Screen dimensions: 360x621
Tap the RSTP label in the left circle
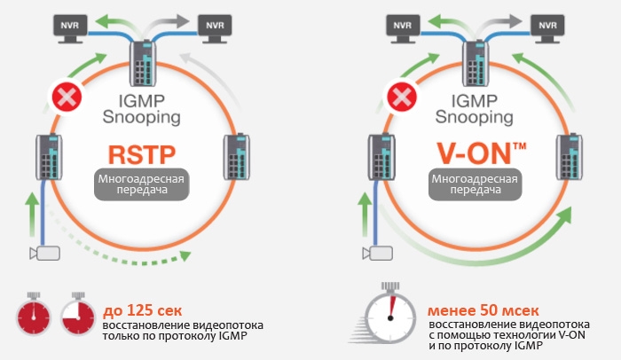coord(142,153)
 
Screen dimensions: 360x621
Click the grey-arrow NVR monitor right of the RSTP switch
coord(214,25)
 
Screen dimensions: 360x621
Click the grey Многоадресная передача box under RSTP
coord(141,184)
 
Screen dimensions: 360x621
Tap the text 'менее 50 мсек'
coord(478,311)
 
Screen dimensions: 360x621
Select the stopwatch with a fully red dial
coord(33,317)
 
